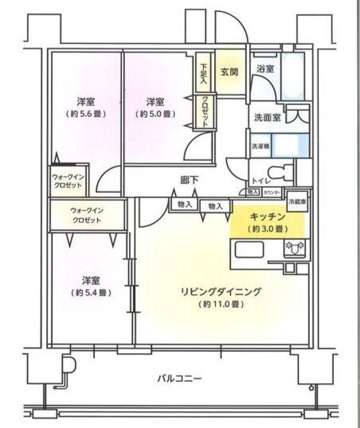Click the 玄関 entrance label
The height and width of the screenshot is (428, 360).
click(x=230, y=72)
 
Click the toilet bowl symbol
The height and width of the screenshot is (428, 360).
click(x=286, y=170)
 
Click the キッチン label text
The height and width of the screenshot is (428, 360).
click(x=268, y=218)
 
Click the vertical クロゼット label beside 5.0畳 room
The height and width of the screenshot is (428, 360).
click(x=204, y=112)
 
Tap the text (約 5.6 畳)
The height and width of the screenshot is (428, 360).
click(x=85, y=114)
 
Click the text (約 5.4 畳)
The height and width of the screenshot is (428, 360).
click(x=92, y=292)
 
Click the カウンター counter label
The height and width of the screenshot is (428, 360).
click(x=271, y=193)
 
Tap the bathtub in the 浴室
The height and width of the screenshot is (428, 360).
click(x=293, y=80)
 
